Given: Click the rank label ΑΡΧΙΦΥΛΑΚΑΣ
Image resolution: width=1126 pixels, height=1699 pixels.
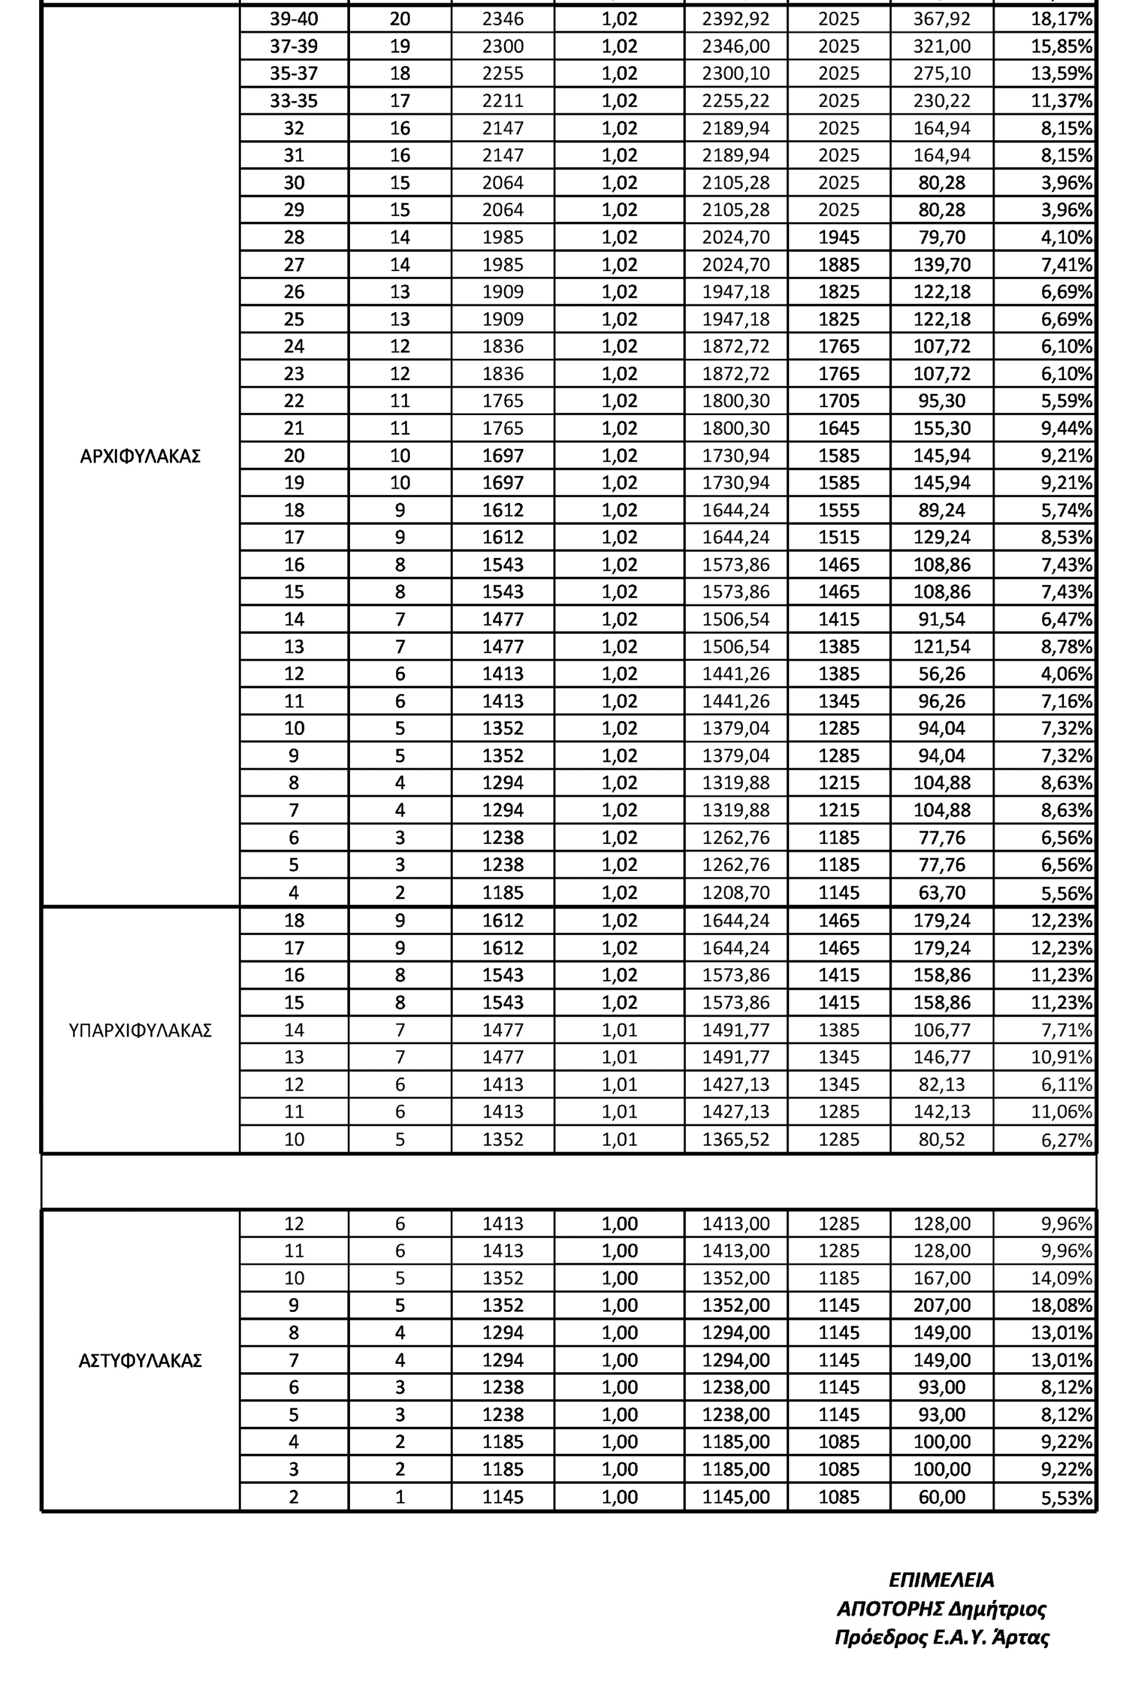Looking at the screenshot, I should (x=140, y=457).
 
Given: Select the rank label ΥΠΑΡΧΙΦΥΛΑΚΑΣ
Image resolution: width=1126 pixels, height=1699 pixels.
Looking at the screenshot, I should (x=140, y=1030).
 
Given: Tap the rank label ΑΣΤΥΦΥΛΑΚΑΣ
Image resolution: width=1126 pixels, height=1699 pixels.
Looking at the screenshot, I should (x=140, y=1361).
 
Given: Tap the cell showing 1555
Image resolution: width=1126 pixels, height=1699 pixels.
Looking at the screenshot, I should (x=839, y=510).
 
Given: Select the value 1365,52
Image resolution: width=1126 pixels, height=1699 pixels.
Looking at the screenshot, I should (x=735, y=1139).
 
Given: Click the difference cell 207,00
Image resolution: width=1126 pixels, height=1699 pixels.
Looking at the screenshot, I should (x=941, y=1306).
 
